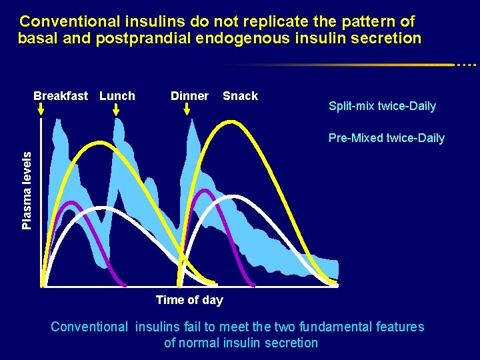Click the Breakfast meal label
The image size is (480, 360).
(60, 96)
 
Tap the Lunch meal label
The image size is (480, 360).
(117, 96)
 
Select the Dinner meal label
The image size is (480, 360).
(189, 96)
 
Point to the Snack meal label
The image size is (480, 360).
(240, 96)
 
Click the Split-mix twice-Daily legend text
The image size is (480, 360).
(382, 106)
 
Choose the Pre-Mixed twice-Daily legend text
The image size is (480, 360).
(386, 139)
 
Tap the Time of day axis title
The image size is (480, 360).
(189, 300)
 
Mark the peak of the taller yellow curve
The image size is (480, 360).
(230, 122)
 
